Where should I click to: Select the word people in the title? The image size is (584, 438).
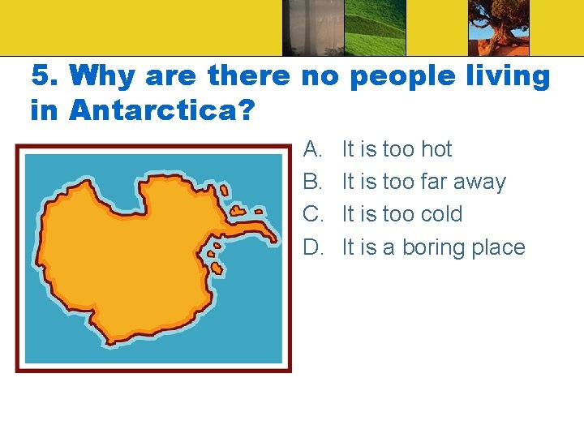point(391,77)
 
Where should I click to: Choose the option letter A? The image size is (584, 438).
point(313,149)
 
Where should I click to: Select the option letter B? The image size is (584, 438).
point(313,182)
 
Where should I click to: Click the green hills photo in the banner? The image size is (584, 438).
point(375,28)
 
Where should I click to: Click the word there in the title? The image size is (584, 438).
point(248,77)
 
